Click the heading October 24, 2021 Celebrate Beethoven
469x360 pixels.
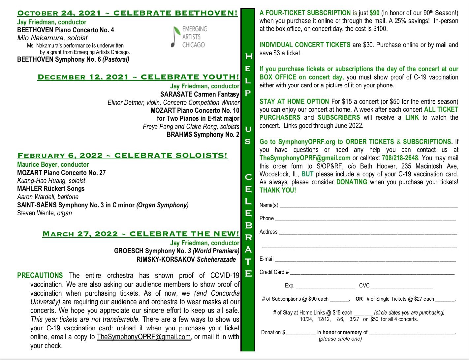coord(127,13)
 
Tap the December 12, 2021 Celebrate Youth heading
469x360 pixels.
coord(139,77)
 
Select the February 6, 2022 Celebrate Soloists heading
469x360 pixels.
coord(122,156)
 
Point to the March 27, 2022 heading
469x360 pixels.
coord(141,234)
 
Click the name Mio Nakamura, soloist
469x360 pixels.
coord(52,38)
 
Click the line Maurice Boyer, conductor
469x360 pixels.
coord(53,165)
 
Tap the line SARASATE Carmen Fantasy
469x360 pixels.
coord(200,94)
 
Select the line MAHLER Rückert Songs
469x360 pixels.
coord(51,189)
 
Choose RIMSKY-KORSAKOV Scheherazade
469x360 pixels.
coord(186,259)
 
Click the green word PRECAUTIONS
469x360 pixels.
coord(40,276)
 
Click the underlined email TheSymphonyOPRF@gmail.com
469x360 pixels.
coord(144,337)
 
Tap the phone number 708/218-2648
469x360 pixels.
coord(400,158)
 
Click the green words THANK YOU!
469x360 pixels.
coord(278,190)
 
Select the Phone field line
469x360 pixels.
coord(365,219)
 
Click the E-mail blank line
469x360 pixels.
coord(365,259)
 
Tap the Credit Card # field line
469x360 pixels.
coord(372,273)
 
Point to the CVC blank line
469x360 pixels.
coord(402,286)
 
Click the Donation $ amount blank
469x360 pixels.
coord(301,333)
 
